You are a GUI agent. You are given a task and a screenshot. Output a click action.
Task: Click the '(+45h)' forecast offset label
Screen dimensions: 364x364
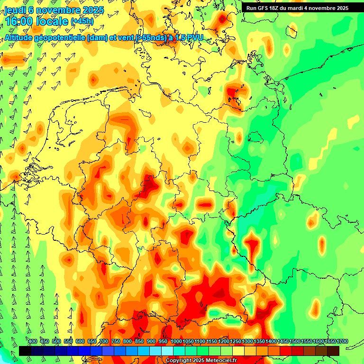[x=82, y=21]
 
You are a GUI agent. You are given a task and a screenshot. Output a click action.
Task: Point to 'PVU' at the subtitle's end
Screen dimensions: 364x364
[x=194, y=38]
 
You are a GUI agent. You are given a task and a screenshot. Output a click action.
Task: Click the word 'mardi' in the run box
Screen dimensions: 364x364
[x=304, y=8]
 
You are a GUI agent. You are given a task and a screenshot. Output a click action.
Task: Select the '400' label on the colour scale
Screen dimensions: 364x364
[x=33, y=342]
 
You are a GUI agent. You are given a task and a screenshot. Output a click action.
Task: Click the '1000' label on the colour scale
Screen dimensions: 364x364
[x=176, y=342]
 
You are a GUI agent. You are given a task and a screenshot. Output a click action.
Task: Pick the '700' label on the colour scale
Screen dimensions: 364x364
[x=104, y=342]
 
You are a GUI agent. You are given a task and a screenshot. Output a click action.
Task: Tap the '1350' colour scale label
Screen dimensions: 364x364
[x=259, y=342]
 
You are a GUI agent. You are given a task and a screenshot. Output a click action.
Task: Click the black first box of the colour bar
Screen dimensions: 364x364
[x=25, y=351]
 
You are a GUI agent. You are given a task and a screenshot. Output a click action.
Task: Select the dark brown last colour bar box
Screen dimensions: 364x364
[x=333, y=351]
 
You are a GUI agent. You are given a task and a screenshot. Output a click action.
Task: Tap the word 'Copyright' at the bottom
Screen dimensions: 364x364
[x=179, y=361]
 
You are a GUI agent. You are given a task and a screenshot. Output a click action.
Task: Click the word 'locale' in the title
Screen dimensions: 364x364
[x=49, y=21]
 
